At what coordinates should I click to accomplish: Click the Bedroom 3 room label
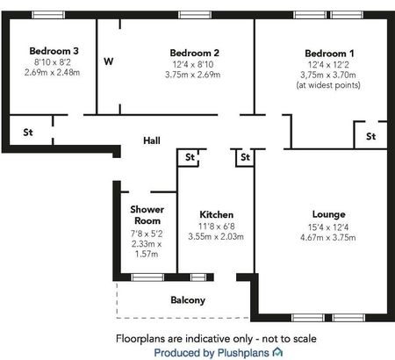54,51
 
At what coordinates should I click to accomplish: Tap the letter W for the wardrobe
108,61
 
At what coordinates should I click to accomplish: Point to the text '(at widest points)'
327,85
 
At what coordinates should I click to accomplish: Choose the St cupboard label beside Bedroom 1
370,137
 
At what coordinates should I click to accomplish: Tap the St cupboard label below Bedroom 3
27,133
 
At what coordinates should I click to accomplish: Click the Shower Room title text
147,216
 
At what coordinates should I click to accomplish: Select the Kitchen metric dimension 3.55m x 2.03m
216,236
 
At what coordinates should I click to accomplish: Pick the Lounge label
328,214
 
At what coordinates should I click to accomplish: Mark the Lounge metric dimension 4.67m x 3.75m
328,236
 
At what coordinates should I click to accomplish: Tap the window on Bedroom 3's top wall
48,15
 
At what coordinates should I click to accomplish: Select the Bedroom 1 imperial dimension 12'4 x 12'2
327,64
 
